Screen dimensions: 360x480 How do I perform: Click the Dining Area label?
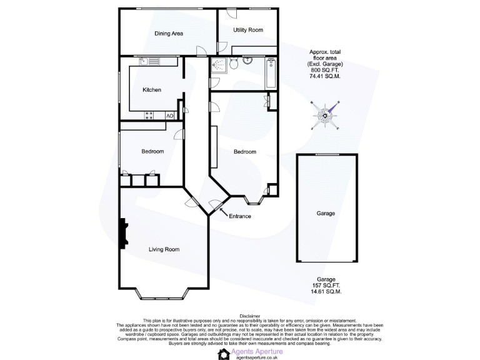click(x=168, y=34)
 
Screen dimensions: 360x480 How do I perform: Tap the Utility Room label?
click(x=247, y=30)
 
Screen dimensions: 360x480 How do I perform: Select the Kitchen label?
click(x=151, y=90)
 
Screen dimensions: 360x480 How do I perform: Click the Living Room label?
click(x=164, y=249)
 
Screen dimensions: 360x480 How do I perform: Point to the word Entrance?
click(x=239, y=216)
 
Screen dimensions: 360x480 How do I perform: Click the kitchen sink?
click(x=149, y=61)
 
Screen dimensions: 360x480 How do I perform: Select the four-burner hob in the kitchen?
click(x=150, y=115)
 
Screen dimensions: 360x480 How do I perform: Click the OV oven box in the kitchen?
click(x=169, y=115)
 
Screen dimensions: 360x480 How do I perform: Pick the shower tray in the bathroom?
click(x=219, y=65)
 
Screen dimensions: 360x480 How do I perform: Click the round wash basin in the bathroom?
click(x=248, y=61)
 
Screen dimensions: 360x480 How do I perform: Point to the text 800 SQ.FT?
click(x=325, y=71)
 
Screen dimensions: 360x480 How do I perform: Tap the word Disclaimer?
click(x=239, y=316)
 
